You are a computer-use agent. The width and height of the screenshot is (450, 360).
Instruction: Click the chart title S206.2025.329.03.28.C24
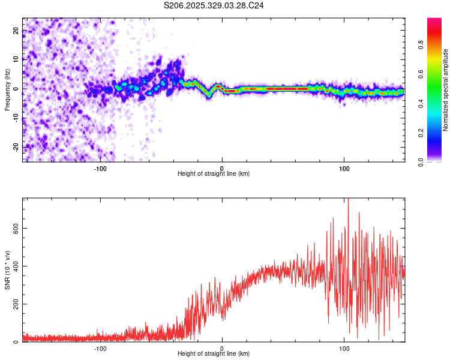214,5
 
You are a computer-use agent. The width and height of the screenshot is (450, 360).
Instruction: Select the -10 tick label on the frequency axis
16,118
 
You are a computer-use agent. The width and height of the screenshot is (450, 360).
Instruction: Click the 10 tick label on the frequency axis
16,59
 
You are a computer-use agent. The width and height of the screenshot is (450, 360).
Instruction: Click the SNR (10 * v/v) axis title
7,270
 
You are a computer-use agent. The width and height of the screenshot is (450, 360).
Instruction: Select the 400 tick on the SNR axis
13,266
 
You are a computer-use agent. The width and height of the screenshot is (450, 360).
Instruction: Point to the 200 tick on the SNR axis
13,304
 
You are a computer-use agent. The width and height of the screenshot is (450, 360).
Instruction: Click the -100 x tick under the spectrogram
100,168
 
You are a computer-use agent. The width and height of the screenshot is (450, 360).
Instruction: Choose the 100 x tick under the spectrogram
344,168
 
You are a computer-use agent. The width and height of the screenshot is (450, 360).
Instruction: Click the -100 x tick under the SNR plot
100,349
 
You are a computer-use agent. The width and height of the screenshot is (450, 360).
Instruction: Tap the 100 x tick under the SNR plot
344,349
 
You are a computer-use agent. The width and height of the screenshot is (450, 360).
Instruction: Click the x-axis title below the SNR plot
214,355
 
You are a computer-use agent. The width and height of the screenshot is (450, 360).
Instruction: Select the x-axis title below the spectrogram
214,174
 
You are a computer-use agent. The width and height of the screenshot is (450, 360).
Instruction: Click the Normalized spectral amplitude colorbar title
445,90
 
